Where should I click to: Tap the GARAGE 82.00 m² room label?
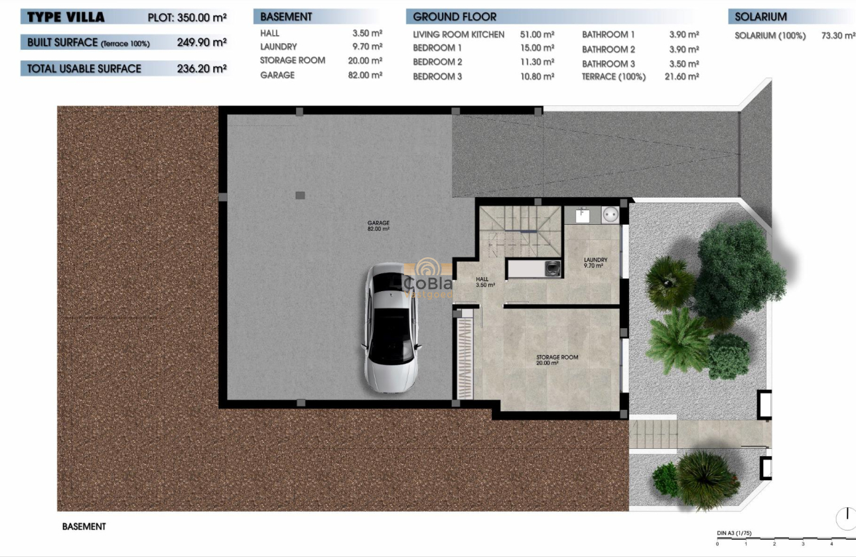coord(378,225)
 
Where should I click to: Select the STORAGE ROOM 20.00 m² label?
coord(557,360)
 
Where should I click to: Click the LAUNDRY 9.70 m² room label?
coord(595,263)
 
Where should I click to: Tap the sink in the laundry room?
coord(583,215)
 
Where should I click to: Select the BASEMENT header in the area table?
coord(286,17)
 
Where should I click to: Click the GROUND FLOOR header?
coord(455,17)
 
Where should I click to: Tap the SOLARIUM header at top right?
coord(760,17)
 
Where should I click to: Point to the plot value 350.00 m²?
coord(202,18)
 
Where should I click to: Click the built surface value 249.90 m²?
coord(202,42)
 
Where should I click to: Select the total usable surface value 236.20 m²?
coord(202,68)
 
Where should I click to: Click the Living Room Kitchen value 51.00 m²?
coord(537,34)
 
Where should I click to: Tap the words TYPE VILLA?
coord(66,17)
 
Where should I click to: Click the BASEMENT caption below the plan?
coord(84,526)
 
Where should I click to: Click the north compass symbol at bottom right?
coord(846,518)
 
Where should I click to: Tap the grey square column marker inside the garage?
coord(300,195)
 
